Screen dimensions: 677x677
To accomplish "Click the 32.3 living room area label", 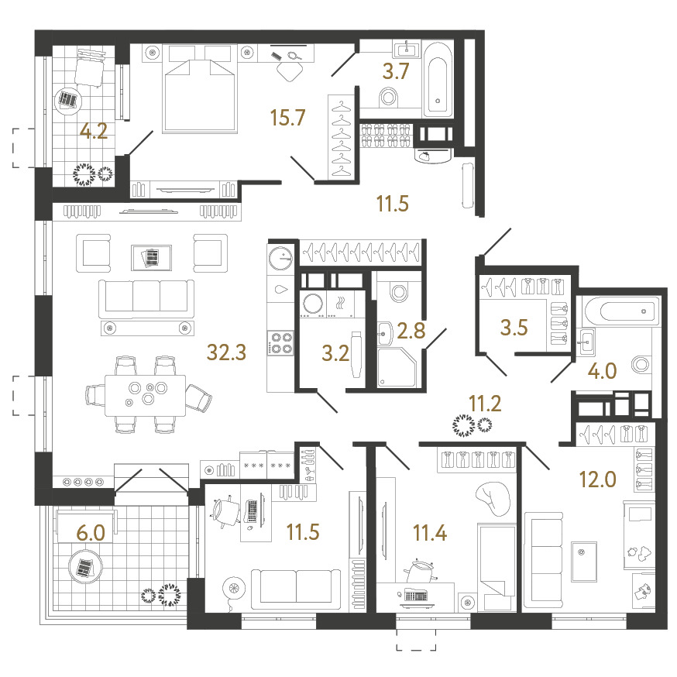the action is tap(227, 352).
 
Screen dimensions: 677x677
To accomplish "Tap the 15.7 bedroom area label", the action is tap(287, 118).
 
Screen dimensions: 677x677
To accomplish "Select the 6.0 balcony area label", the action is tap(91, 533).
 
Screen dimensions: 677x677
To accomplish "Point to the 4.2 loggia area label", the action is tap(94, 131).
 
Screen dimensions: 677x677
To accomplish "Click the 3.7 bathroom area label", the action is tap(396, 71).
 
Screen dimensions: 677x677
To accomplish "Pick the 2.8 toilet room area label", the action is tap(411, 331).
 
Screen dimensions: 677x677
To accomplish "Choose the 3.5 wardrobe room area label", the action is tap(514, 328).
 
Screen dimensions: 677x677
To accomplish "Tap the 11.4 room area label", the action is tap(430, 533).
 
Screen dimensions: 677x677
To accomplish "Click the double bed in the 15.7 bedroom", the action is tap(200, 88).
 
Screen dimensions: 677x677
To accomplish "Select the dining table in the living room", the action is tap(146, 395).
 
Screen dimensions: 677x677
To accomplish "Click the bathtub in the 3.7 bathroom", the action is tap(438, 80).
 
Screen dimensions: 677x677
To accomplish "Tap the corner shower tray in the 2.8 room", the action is tap(397, 368).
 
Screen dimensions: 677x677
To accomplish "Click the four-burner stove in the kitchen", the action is tap(281, 343).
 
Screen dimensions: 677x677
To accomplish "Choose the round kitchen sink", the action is tap(280, 258).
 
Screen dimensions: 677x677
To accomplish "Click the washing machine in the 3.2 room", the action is tap(313, 303).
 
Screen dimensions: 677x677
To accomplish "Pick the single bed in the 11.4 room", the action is tap(497, 567).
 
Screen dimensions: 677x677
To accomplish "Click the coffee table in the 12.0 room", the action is tap(584, 562).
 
